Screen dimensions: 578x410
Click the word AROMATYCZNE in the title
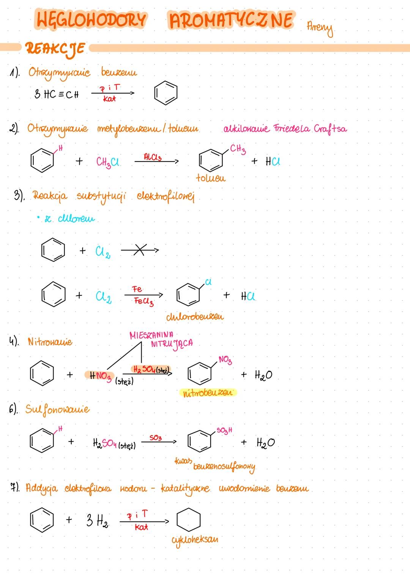coord(231,21)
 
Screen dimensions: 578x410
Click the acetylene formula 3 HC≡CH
coord(57,94)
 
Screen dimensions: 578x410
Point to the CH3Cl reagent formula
coord(108,162)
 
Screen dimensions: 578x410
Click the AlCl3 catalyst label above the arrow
coord(153,157)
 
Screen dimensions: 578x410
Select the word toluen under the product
coord(211,177)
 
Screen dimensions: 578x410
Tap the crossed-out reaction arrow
coord(139,250)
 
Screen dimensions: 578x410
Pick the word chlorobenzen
coord(195,316)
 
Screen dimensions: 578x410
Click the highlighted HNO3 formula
coord(100,376)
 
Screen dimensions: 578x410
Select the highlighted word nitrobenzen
coord(207,393)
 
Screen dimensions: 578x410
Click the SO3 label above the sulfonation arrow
coord(155,438)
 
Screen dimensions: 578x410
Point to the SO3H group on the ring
coord(224,431)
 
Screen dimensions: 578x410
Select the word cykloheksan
coord(195,539)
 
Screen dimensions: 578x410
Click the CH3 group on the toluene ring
coord(238,149)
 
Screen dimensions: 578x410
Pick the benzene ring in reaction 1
coord(166,93)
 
